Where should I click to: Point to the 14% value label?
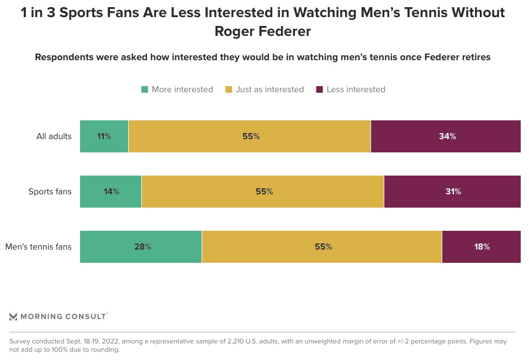point(112,192)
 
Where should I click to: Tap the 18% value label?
point(482,247)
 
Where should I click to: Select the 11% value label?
point(104,136)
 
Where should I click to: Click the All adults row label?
point(54,136)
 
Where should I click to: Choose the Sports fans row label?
point(50,192)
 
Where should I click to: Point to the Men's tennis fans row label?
point(39,247)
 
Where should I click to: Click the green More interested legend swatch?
point(145,89)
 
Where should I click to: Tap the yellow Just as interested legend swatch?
point(229,89)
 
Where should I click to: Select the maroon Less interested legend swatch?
point(319,89)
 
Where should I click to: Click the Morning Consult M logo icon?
point(14,316)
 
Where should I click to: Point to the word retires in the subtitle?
point(475,57)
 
